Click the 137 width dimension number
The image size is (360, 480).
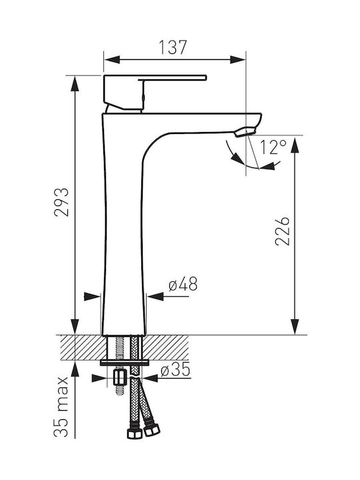173,47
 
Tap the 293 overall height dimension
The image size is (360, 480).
61,202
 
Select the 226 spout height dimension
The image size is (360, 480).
282,231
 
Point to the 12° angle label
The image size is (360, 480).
273,147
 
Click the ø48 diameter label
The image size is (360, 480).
183,284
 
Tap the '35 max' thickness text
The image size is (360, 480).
61,407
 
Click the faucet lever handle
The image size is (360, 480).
155,91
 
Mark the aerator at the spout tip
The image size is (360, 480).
245,132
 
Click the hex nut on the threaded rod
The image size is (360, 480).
120,377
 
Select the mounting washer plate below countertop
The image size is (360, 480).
124,363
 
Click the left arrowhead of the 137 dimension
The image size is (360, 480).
112,60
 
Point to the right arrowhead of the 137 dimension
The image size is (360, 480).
237,60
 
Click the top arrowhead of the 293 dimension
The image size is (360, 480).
75,83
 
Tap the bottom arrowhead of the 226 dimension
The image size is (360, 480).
295,327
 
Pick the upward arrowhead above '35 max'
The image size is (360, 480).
75,369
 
